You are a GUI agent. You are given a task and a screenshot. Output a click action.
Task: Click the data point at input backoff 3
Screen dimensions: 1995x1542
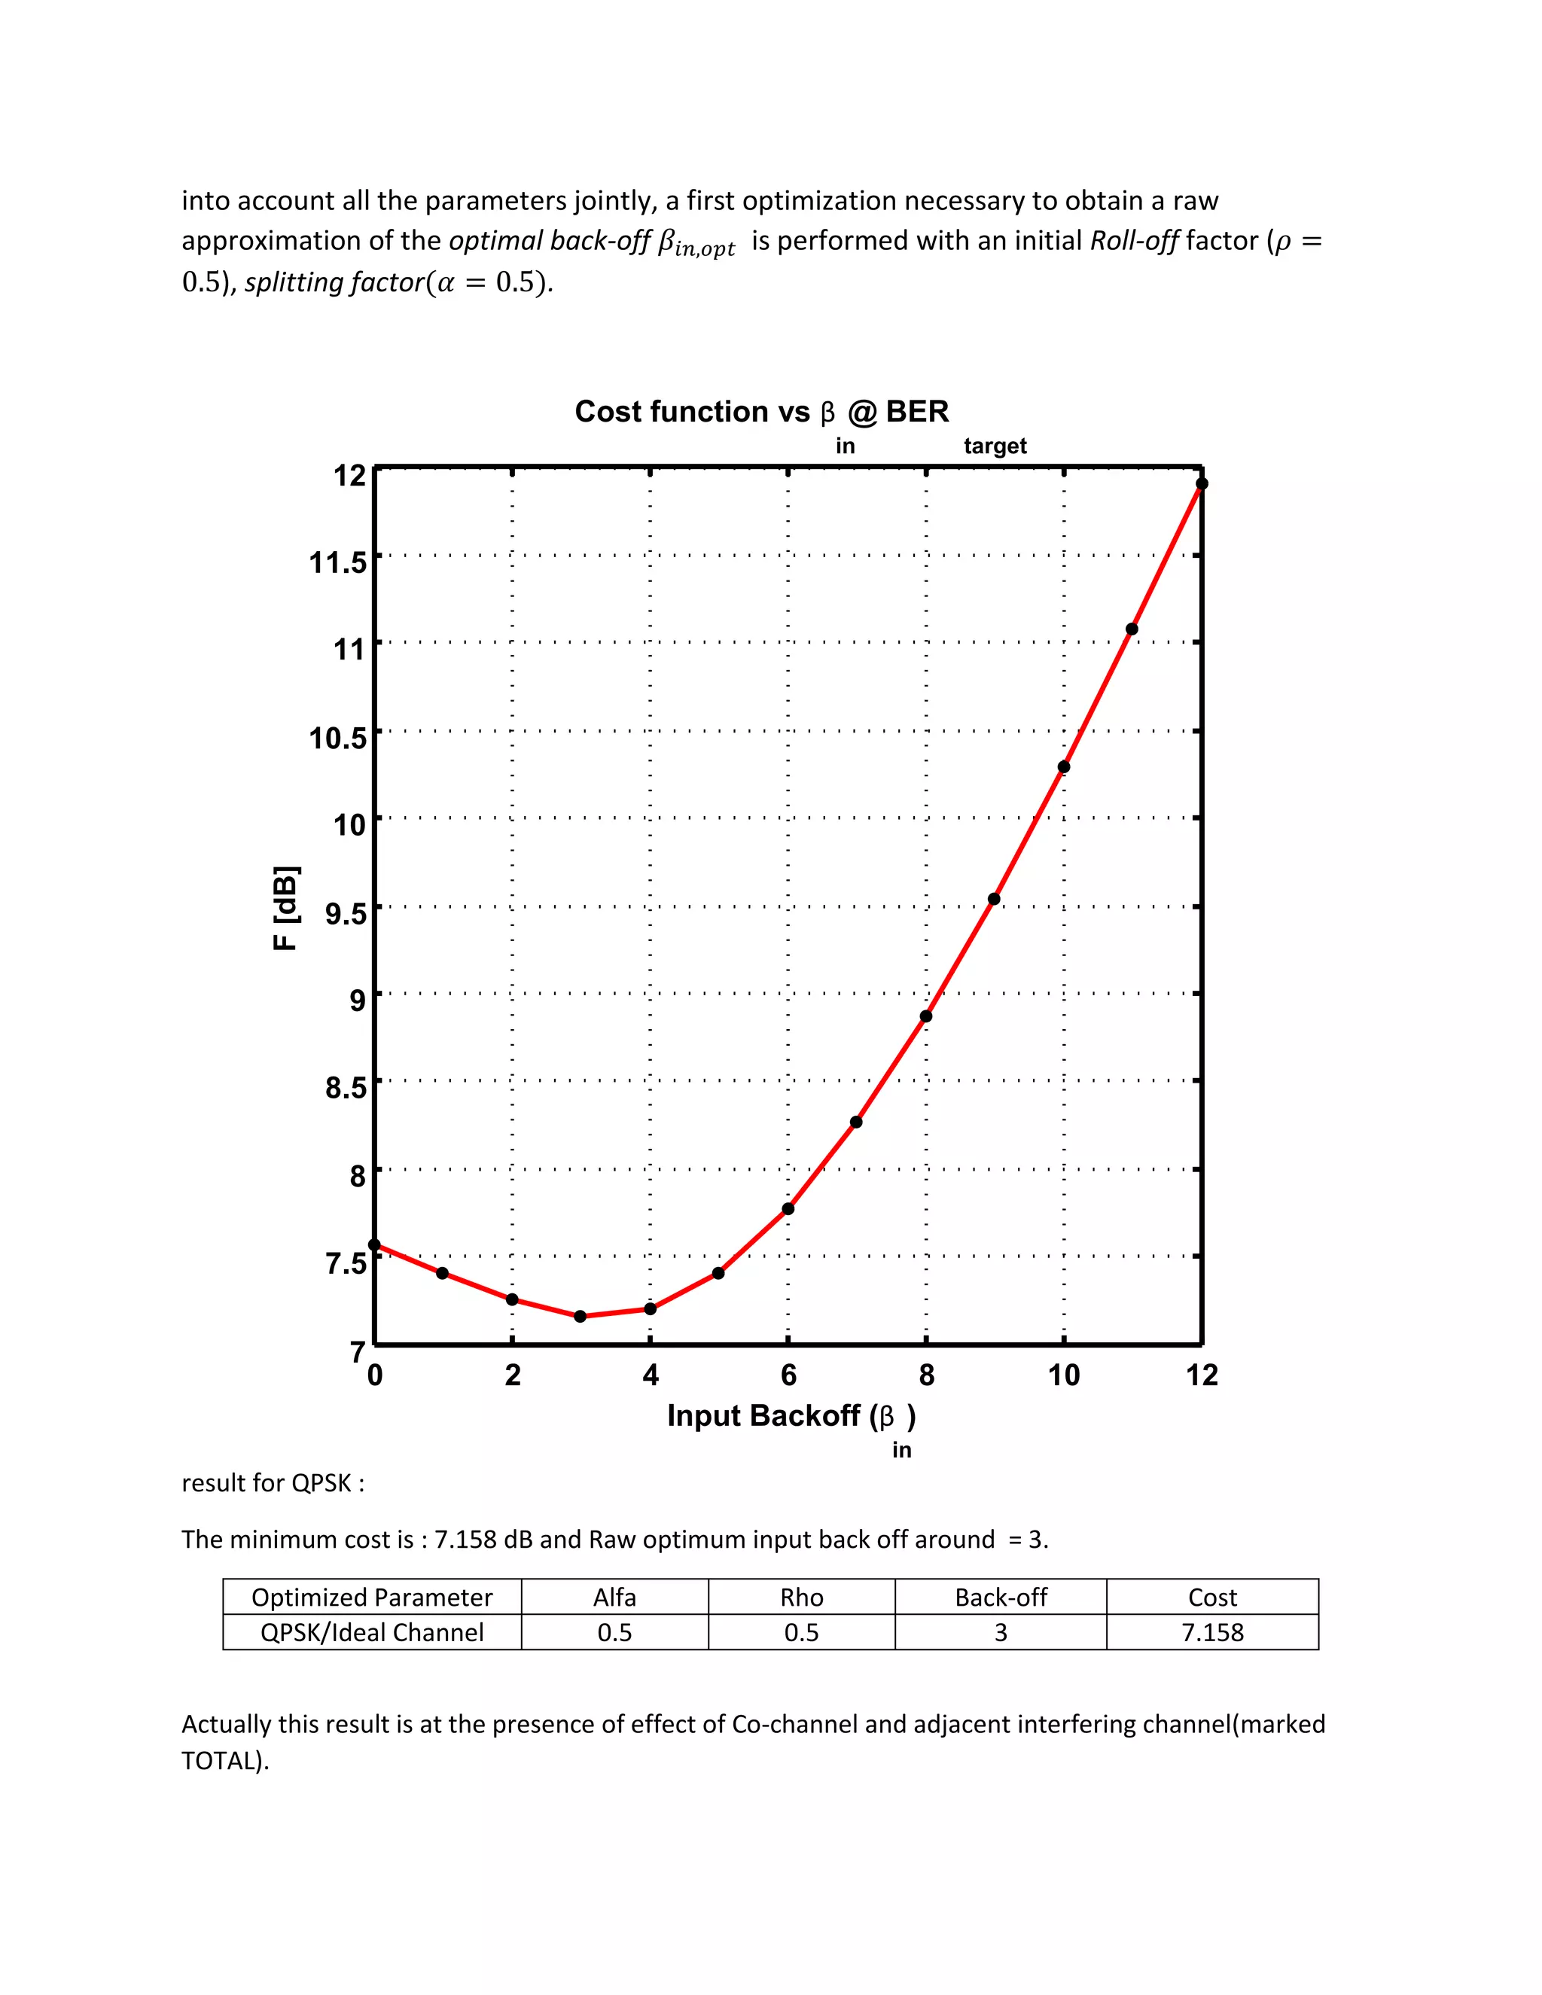pos(580,1316)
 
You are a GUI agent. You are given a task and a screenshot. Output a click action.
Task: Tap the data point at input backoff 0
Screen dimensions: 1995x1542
pos(374,1245)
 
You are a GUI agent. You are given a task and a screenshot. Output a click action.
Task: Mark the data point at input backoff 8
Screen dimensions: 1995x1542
pos(926,1016)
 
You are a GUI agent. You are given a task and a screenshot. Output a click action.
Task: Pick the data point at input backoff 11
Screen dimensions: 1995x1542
pos(1132,629)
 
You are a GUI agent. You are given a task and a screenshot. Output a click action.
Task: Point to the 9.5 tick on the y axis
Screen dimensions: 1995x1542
pos(346,912)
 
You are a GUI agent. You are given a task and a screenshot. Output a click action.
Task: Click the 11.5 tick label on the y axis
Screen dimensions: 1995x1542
pos(337,562)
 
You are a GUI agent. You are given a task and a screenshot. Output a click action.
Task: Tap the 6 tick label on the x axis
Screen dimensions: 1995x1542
pos(788,1375)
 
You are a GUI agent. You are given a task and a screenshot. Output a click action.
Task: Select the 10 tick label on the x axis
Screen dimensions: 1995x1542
pos(1063,1375)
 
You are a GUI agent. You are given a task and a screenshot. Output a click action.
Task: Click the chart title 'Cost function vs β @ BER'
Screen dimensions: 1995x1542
pos(761,413)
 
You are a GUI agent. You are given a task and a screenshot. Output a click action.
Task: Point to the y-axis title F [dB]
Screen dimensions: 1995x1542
pos(286,908)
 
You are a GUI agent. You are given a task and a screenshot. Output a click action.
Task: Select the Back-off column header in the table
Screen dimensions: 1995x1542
pos(1001,1598)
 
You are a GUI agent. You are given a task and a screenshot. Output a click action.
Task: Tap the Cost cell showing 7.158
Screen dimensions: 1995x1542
pos(1212,1632)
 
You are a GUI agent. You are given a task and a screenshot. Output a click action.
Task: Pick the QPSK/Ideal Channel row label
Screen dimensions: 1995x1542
pos(372,1632)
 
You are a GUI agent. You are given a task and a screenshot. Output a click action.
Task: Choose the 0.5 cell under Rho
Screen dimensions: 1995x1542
pos(801,1632)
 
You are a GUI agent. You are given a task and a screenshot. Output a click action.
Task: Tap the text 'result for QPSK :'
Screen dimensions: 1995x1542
pos(273,1482)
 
